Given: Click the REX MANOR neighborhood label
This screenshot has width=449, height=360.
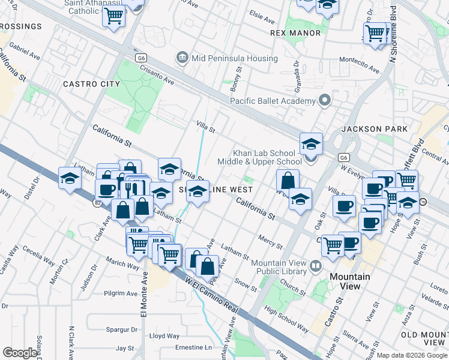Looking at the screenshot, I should point(295,33).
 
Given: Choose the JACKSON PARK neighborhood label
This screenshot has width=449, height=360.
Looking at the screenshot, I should point(374,129).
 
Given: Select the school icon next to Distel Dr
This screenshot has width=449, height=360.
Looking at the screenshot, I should point(70,178).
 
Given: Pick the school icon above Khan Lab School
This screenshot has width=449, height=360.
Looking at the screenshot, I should point(311,144).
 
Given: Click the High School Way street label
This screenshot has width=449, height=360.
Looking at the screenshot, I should point(287,319).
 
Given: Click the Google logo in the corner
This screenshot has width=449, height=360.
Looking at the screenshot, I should point(20,352).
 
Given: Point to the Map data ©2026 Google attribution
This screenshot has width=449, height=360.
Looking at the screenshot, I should point(412,355).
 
